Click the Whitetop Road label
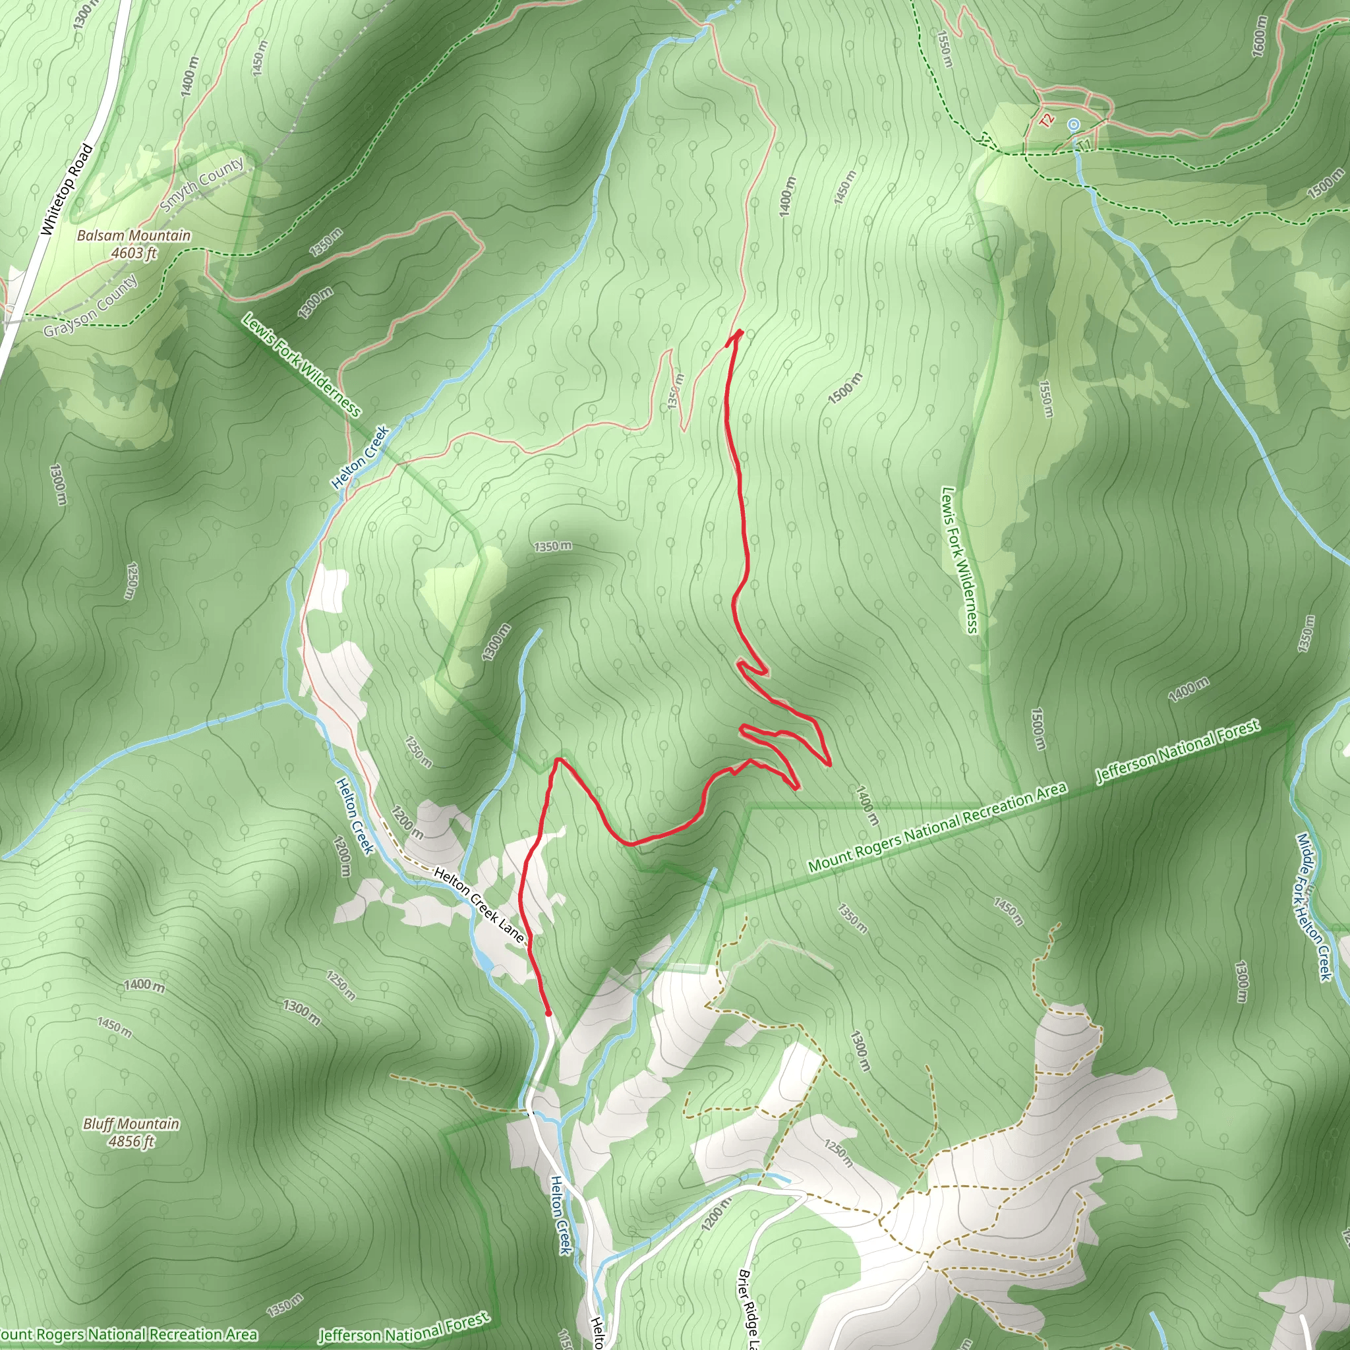tap(67, 189)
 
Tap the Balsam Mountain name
tap(133, 235)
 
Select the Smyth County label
tap(202, 184)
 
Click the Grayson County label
tap(91, 305)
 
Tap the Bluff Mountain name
tap(131, 1124)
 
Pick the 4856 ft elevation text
tap(131, 1141)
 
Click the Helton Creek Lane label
tap(479, 904)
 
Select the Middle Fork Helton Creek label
tap(1314, 906)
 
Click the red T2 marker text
tap(1046, 120)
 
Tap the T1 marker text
tap(1083, 144)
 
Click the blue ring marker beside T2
tap(1074, 125)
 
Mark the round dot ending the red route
tap(548, 1012)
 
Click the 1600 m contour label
tap(1258, 36)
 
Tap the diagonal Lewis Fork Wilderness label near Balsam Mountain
tap(301, 364)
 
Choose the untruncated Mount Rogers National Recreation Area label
tap(937, 827)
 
